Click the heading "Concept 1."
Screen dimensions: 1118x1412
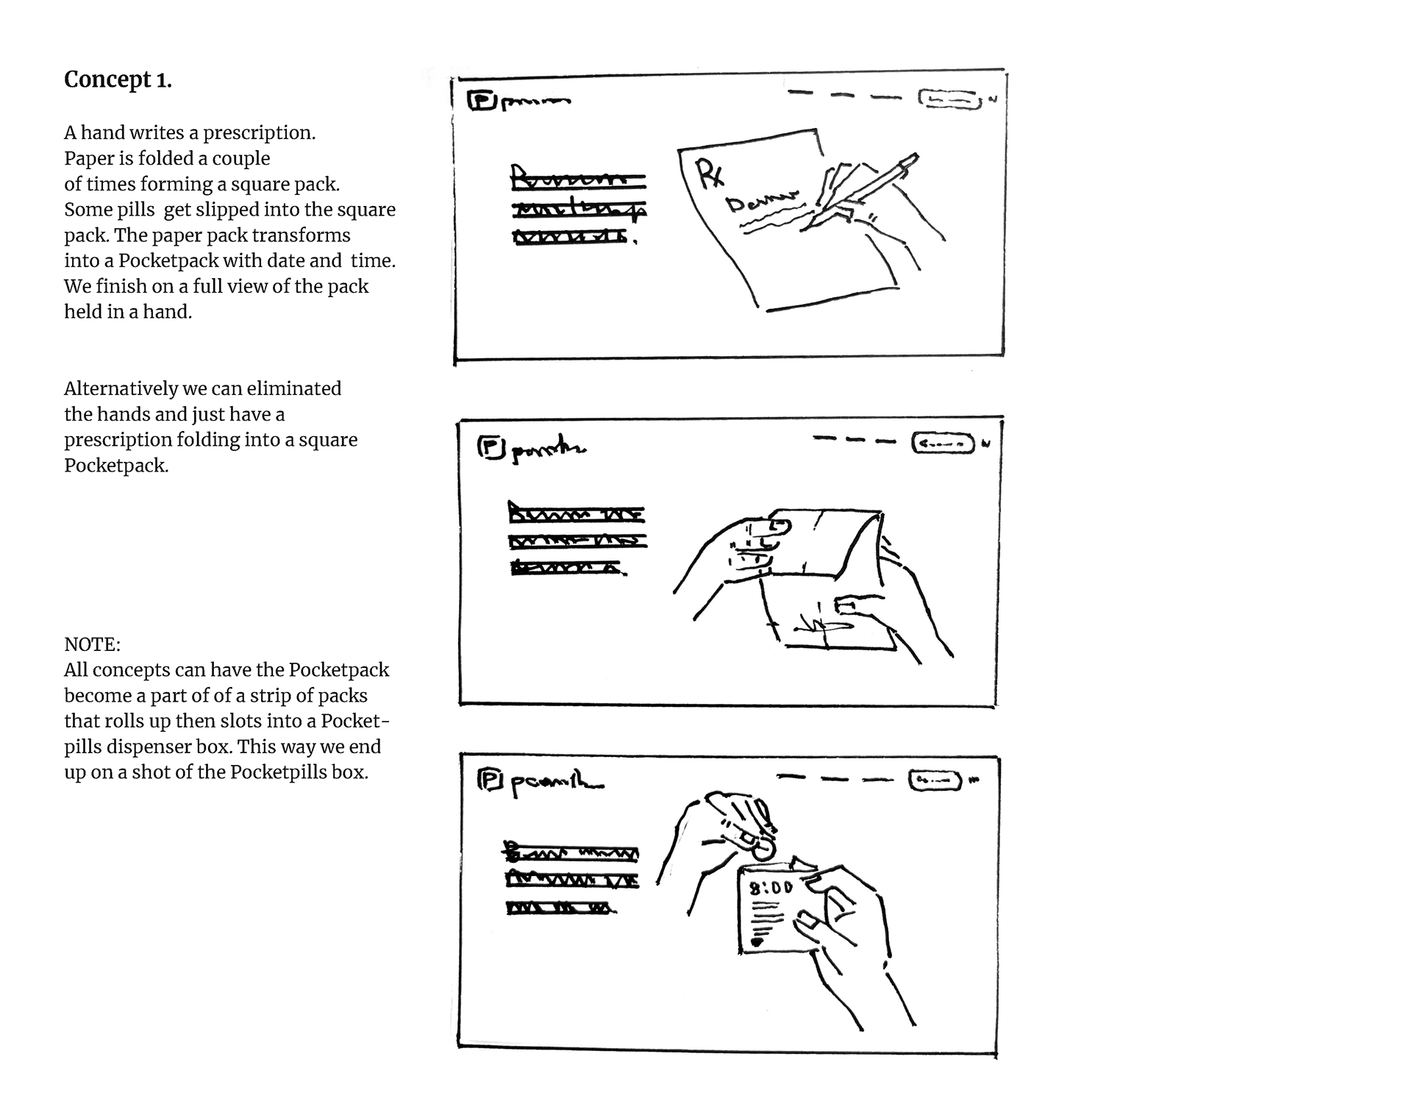[118, 79]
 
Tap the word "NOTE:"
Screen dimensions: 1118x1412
[92, 644]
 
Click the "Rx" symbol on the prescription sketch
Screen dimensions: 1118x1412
[710, 175]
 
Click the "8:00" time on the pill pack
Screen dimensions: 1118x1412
[771, 888]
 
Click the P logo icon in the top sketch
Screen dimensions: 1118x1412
[481, 101]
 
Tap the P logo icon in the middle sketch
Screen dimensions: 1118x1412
[491, 446]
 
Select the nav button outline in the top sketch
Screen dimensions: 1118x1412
[950, 99]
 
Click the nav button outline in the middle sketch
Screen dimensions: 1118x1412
[944, 444]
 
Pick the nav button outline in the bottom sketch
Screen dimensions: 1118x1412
[935, 780]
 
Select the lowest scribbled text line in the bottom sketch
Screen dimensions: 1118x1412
[560, 908]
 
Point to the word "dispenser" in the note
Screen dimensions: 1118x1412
[153, 747]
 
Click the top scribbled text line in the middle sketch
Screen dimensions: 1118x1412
[577, 513]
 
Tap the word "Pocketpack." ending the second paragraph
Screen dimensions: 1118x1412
[116, 466]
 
